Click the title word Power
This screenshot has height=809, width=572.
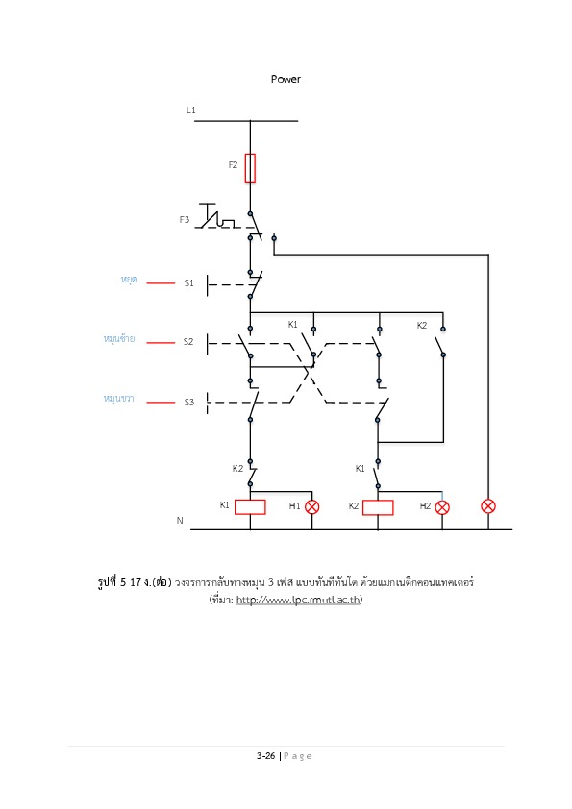[286, 79]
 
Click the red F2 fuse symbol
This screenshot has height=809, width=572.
[250, 168]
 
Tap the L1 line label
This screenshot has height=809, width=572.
[190, 110]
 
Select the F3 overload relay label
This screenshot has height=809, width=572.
[185, 219]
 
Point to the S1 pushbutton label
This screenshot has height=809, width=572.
[189, 282]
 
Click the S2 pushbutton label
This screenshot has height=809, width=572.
[187, 341]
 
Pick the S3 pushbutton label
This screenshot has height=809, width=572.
[189, 402]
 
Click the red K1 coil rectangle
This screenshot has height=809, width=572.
[250, 506]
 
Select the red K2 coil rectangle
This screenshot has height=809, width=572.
[378, 507]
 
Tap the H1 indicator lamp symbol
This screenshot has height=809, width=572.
[311, 506]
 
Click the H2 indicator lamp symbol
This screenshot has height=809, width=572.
[442, 507]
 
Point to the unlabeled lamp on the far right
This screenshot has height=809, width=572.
[487, 506]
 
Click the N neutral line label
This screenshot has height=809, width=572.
[180, 520]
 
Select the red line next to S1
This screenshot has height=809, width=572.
[161, 282]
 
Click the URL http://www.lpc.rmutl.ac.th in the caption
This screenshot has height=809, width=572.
[298, 600]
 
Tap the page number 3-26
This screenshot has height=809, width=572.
[266, 756]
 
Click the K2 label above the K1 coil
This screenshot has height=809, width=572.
[237, 469]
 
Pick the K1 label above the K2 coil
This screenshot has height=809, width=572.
[360, 469]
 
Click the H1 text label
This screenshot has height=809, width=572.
[294, 505]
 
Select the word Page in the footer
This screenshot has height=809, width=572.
[297, 756]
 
